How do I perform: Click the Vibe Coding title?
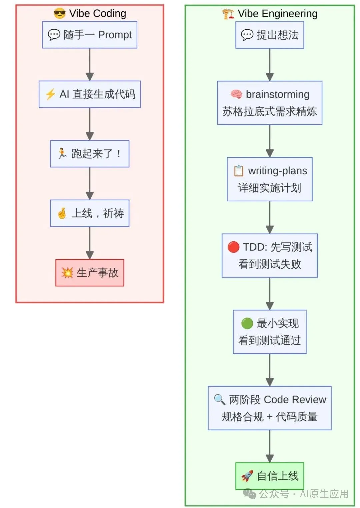click(97, 14)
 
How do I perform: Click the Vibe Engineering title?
click(277, 14)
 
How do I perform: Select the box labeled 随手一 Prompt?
click(90, 35)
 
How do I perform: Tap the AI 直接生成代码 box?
click(90, 94)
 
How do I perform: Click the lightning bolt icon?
click(50, 94)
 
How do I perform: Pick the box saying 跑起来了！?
click(90, 154)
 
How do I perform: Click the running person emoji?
click(62, 154)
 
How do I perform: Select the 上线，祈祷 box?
click(90, 213)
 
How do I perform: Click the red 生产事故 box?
click(90, 273)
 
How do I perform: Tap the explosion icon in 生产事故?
click(67, 273)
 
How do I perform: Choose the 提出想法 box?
click(270, 35)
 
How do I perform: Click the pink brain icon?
click(236, 94)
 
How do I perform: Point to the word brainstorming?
click(277, 94)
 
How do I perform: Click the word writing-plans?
click(277, 171)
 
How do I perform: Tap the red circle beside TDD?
click(233, 247)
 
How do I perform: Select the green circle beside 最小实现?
click(247, 323)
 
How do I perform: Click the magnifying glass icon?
click(220, 399)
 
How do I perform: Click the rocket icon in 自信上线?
click(247, 476)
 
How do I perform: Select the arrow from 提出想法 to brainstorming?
click(270, 65)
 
